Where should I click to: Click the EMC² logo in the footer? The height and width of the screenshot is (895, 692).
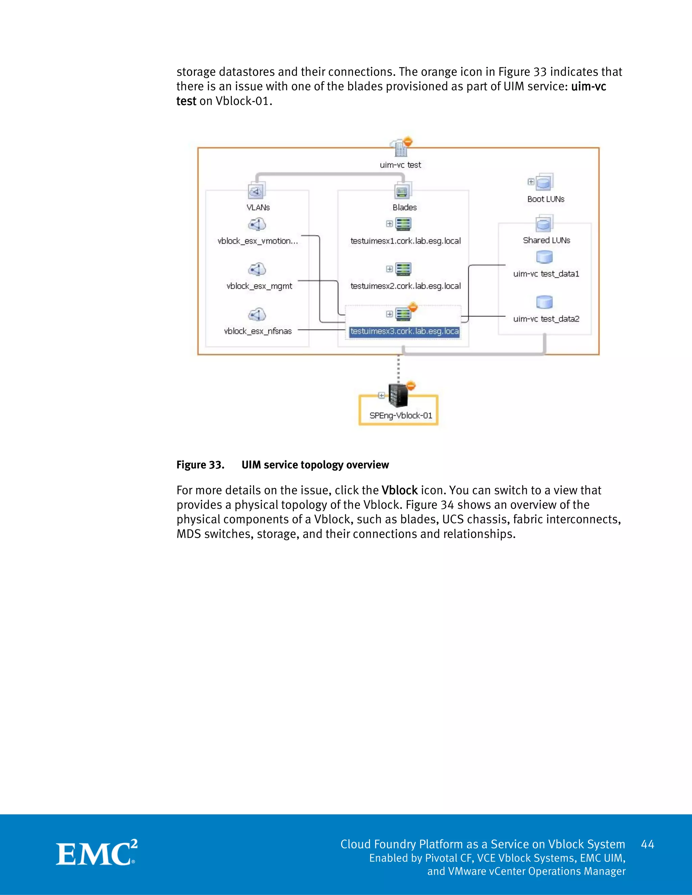click(97, 853)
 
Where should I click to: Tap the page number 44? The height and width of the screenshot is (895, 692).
click(647, 844)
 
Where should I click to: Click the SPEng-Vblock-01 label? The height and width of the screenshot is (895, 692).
click(400, 415)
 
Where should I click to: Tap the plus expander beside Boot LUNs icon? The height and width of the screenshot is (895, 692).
click(531, 182)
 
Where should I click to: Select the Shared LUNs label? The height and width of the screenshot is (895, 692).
click(546, 240)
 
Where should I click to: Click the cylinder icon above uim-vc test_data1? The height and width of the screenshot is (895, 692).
click(544, 257)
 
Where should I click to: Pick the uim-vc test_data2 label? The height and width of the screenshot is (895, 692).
click(546, 319)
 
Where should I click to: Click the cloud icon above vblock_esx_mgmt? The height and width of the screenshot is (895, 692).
click(257, 269)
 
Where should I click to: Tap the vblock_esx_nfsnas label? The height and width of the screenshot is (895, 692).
click(258, 331)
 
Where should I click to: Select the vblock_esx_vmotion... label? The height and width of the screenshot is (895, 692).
click(257, 241)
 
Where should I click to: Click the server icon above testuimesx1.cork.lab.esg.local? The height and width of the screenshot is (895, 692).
click(403, 224)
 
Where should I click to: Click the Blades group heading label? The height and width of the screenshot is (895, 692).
click(404, 207)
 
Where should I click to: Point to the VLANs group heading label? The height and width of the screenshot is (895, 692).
click(258, 207)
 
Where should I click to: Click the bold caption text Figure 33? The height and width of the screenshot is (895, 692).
click(200, 465)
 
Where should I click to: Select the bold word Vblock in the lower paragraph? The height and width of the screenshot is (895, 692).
click(399, 490)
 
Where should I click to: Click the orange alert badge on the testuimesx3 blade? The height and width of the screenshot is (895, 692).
click(413, 307)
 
